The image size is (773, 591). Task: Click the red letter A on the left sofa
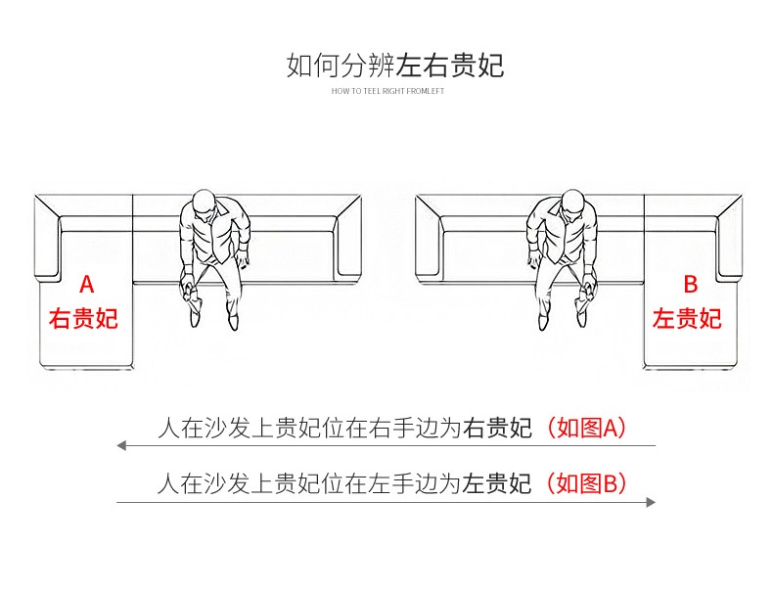tap(86, 285)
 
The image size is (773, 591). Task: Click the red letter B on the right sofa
tap(690, 285)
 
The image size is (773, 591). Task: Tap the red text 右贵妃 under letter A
tap(84, 319)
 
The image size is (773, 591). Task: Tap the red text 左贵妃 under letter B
tap(687, 319)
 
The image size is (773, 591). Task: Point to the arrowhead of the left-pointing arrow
tap(121, 446)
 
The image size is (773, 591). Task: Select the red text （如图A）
tap(585, 428)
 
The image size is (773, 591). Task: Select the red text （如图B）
tap(585, 483)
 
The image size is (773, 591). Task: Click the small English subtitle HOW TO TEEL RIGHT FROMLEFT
tap(387, 90)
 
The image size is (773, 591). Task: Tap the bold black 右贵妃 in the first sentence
tap(497, 428)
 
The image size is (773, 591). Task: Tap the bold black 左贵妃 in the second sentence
tap(497, 483)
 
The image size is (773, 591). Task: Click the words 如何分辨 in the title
tap(341, 67)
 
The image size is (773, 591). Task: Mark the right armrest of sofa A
tap(350, 235)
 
